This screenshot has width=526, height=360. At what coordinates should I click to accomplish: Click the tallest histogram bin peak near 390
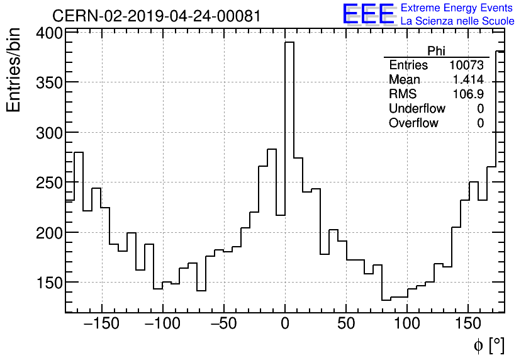click(x=289, y=43)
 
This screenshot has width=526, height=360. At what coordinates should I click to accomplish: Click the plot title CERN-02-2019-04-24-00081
click(x=157, y=16)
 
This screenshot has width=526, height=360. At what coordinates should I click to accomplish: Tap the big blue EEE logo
click(x=368, y=14)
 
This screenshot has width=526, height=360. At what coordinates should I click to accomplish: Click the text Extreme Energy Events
click(x=457, y=8)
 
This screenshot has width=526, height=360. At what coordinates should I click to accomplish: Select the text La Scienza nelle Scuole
click(x=457, y=21)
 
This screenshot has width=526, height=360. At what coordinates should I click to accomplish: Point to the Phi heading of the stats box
click(x=436, y=51)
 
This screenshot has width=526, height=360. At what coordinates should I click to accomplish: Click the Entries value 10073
click(x=466, y=65)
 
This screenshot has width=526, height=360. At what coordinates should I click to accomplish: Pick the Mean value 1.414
click(x=468, y=80)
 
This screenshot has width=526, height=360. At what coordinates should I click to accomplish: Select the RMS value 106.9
click(x=468, y=94)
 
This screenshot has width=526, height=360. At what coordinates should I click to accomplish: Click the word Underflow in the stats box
click(x=417, y=109)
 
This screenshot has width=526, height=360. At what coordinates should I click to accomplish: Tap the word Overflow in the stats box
click(x=413, y=123)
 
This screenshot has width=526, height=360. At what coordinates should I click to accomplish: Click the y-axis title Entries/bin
click(x=14, y=70)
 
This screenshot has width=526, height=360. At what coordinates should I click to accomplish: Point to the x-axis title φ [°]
click(x=489, y=345)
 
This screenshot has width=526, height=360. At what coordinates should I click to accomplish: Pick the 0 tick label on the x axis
click(x=285, y=325)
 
